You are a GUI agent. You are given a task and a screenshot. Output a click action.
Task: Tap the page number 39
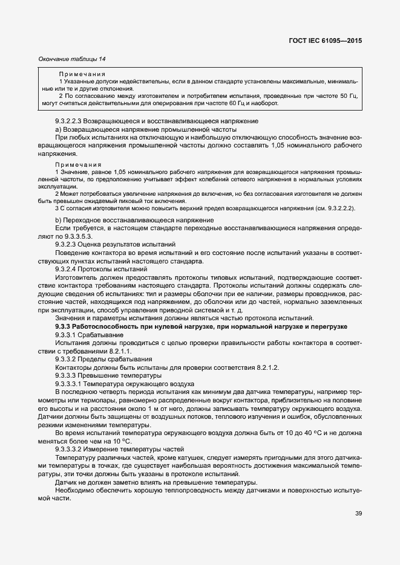(358, 514)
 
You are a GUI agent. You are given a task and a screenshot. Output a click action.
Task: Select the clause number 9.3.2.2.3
(70, 121)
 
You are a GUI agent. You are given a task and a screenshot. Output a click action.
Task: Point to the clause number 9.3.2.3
(67, 243)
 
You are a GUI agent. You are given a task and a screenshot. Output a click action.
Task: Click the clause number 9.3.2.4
(67, 268)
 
